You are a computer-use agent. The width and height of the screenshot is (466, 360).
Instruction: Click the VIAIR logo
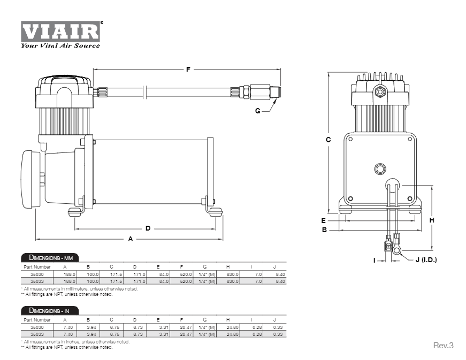click(x=60, y=31)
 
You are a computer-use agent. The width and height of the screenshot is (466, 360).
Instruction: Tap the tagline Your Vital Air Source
click(x=60, y=46)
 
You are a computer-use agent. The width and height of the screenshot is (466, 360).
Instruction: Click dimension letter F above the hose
click(x=188, y=69)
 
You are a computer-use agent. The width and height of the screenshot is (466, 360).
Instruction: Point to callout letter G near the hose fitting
click(x=257, y=111)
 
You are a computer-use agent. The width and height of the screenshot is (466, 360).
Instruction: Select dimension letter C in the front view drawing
click(x=328, y=140)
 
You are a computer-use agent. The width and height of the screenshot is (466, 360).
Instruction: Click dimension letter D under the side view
click(x=148, y=228)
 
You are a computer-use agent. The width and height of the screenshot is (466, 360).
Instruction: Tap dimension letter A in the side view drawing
click(x=130, y=239)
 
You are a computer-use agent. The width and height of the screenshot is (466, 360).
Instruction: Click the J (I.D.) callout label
click(x=426, y=260)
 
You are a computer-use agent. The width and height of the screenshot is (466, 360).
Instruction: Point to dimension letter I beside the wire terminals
click(x=375, y=260)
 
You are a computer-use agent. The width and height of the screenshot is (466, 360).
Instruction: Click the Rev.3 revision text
click(x=443, y=345)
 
